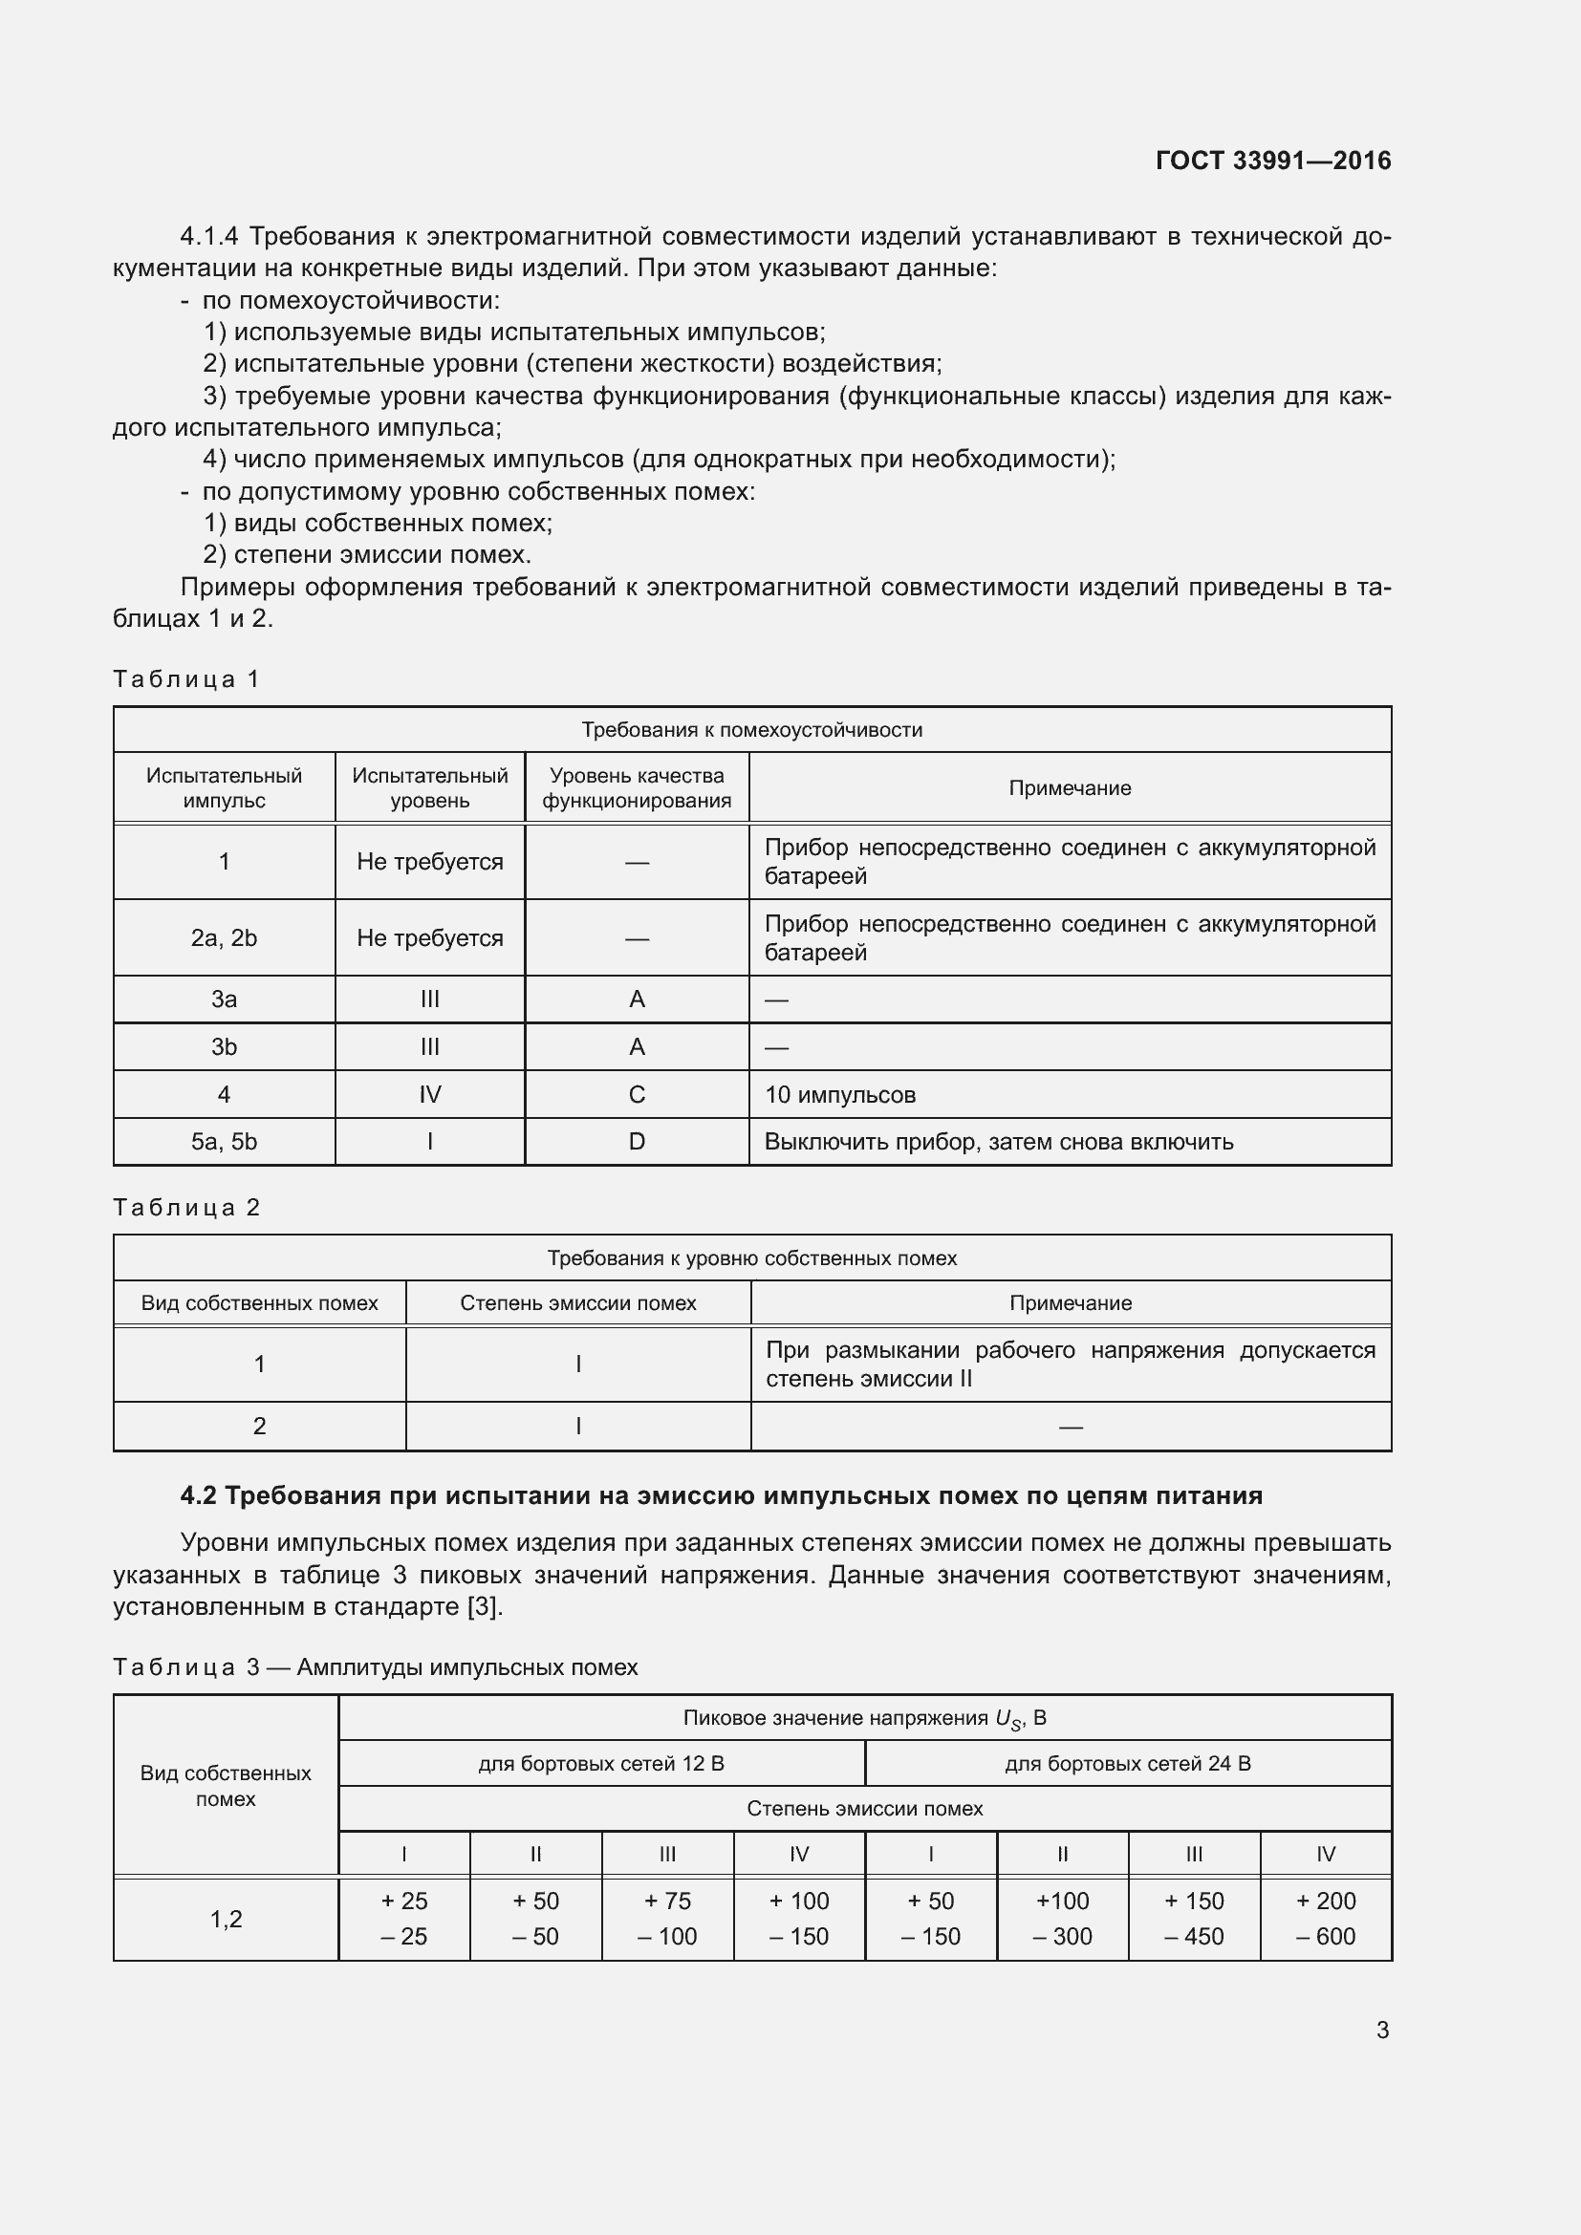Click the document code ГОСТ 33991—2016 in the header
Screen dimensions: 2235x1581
[x=1272, y=161]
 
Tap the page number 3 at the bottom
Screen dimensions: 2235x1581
[x=1382, y=2030]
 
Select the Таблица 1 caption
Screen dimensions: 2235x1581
[x=186, y=678]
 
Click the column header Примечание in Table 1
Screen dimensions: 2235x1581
[x=1069, y=787]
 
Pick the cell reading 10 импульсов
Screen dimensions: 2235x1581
[x=839, y=1094]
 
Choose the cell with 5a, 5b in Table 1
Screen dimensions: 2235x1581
[x=224, y=1141]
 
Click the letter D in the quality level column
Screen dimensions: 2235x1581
[x=637, y=1141]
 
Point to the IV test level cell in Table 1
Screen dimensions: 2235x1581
[x=429, y=1094]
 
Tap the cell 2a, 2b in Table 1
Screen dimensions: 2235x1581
[x=224, y=937]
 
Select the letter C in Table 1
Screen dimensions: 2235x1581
[x=637, y=1094]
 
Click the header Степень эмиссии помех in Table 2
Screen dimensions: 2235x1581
[x=578, y=1302]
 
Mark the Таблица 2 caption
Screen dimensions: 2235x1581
[x=186, y=1207]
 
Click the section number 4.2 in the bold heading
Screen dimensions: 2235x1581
[x=199, y=1495]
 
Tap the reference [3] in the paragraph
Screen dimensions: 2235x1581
[x=484, y=1606]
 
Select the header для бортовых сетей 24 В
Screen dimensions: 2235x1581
[x=1127, y=1763]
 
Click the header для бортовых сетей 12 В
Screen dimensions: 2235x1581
[x=600, y=1763]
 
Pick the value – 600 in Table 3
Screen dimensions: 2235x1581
[x=1325, y=1936]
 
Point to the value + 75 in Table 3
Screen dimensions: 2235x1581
[x=667, y=1901]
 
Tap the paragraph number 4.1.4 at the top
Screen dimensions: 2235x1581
[x=209, y=237]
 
